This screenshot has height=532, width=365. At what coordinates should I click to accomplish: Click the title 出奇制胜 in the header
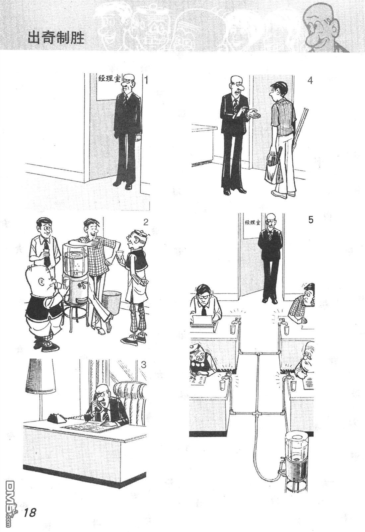click(x=56, y=38)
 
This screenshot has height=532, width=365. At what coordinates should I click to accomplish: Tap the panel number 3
click(x=144, y=364)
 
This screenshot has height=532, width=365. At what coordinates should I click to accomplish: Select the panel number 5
click(x=310, y=220)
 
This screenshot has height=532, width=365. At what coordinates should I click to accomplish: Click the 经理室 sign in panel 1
click(x=109, y=79)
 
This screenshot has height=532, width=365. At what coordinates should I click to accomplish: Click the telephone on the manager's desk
click(x=57, y=417)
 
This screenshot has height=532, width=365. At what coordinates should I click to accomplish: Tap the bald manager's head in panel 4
click(x=236, y=84)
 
